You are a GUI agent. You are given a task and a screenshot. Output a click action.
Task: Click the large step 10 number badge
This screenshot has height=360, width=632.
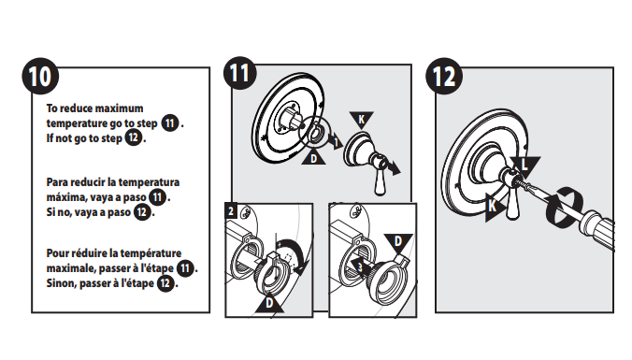point(40,76)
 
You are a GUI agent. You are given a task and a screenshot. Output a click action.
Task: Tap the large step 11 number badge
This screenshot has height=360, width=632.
point(240,73)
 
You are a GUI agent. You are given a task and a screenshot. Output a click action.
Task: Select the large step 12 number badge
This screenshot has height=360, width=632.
point(444,76)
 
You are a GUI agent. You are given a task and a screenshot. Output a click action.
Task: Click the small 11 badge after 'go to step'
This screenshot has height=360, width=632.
point(170,122)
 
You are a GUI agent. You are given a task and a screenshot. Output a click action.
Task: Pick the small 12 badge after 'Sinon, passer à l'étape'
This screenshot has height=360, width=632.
point(165,283)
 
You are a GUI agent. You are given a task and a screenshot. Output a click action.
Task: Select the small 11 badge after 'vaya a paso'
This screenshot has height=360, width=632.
point(158,197)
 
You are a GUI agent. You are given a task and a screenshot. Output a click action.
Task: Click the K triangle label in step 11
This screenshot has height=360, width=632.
point(362,119)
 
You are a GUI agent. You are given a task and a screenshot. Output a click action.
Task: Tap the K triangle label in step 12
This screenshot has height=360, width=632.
point(495,207)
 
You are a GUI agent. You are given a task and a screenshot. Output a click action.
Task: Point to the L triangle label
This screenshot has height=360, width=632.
point(524,166)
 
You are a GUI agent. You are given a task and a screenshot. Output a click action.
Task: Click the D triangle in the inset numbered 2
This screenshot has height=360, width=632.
point(269,303)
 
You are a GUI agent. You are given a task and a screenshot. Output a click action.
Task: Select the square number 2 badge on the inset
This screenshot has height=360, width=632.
point(231,210)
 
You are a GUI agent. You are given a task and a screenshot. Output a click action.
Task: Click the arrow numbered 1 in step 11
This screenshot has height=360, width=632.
point(336,141)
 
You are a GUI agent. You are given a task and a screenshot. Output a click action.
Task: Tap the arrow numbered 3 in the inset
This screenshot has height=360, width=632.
point(360,266)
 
